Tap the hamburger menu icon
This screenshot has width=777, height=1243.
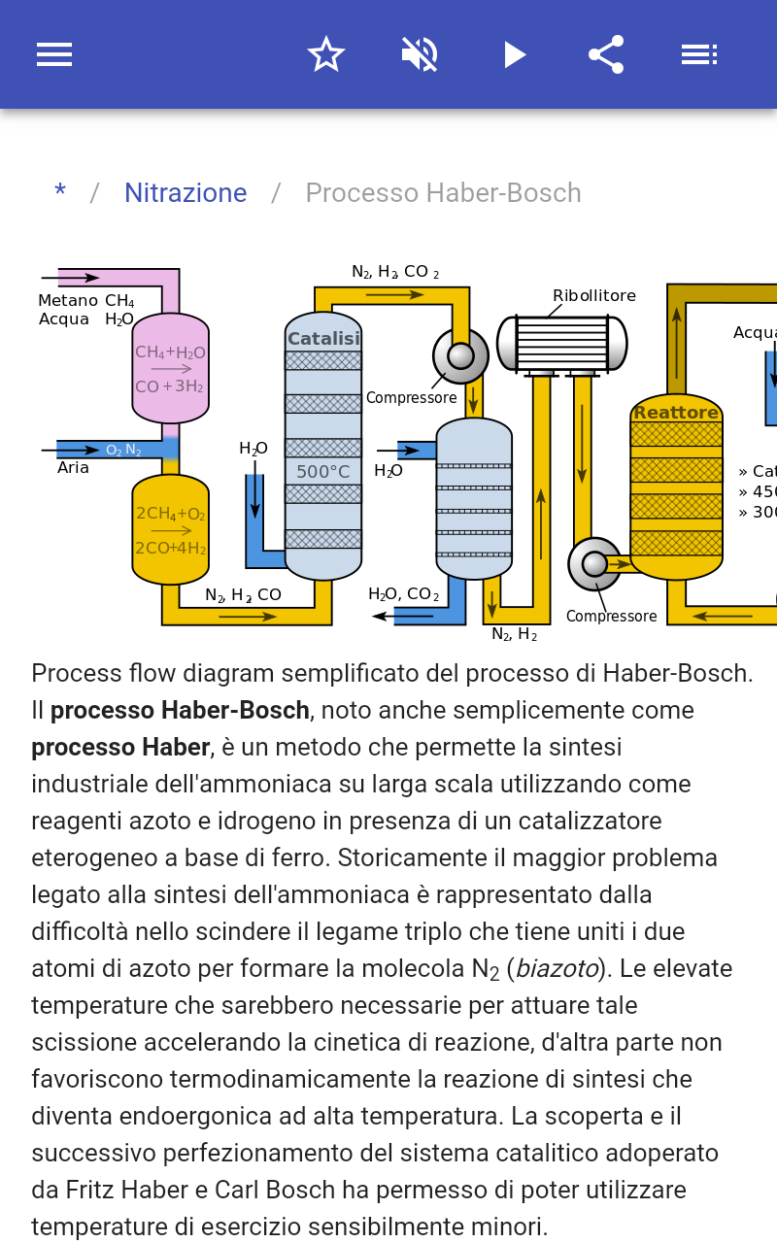click(54, 54)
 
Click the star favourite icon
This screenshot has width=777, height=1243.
click(326, 54)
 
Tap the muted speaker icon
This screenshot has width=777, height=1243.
click(420, 54)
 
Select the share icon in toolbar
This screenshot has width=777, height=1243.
click(606, 54)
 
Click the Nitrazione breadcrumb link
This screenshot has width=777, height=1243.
click(186, 193)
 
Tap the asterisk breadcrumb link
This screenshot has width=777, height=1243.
click(60, 193)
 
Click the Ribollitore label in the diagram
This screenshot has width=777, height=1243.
click(594, 296)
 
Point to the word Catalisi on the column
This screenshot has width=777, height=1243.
click(323, 339)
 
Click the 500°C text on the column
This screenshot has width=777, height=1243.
click(322, 472)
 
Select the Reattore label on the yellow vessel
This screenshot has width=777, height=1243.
click(676, 413)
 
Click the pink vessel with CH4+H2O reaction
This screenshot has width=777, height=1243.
click(170, 368)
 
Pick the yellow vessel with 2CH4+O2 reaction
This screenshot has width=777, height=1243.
click(170, 529)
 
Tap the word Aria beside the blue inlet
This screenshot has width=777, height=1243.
click(73, 468)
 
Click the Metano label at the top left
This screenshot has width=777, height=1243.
click(68, 301)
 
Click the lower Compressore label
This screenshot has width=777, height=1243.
click(611, 617)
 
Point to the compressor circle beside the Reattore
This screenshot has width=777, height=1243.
click(593, 563)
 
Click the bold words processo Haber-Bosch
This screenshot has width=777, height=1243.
click(180, 710)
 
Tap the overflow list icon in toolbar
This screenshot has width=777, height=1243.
click(698, 54)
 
